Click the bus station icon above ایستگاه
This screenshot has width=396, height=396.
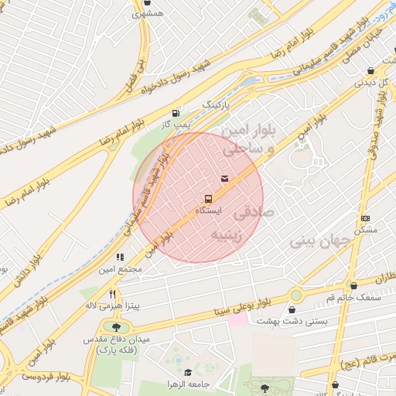[x=207, y=199]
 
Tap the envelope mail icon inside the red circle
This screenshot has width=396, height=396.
[x=224, y=179]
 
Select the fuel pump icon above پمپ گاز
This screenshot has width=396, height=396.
[x=179, y=111]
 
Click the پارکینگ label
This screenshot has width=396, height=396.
[x=217, y=103]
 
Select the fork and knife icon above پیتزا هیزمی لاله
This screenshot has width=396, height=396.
[x=113, y=294]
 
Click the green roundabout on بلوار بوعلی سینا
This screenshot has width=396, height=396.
[x=296, y=295]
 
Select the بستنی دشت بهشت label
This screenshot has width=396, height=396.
[x=313, y=319]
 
